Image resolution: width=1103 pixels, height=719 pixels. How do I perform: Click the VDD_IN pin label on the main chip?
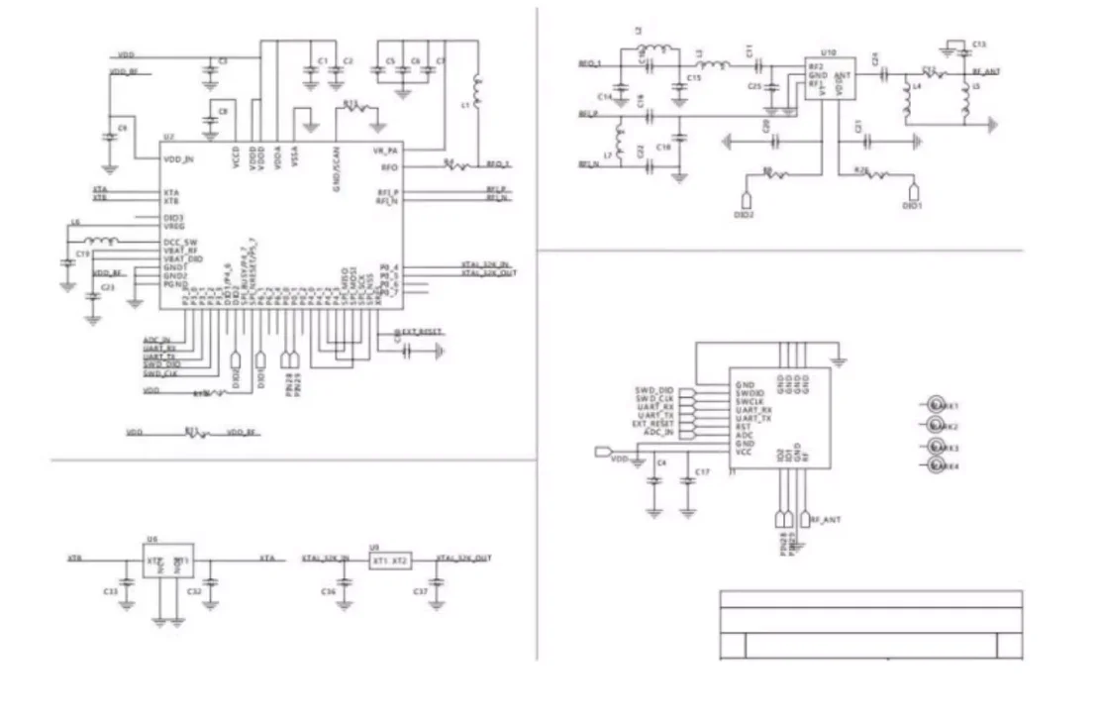click(178, 158)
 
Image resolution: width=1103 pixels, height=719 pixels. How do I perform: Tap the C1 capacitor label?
click(322, 61)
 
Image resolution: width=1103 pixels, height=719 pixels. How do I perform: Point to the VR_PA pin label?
click(385, 150)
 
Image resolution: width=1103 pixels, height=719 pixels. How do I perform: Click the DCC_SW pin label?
click(181, 242)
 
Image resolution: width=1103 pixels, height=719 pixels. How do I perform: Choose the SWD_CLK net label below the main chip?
click(158, 373)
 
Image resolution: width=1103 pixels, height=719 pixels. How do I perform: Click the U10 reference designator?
click(829, 51)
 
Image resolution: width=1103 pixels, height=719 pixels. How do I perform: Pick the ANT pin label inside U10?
click(844, 74)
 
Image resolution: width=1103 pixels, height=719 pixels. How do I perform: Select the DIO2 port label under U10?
click(744, 212)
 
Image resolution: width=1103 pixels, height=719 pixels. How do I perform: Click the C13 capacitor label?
click(978, 46)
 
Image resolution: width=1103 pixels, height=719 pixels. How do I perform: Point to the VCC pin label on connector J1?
click(744, 451)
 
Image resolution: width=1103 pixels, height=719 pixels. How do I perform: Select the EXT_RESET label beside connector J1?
click(652, 424)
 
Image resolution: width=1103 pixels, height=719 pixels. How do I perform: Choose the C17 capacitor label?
click(702, 472)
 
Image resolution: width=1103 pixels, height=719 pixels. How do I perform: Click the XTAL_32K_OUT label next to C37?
click(464, 559)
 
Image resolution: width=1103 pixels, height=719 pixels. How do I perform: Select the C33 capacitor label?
click(110, 591)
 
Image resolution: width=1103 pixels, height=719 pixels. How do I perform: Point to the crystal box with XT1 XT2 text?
click(389, 561)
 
